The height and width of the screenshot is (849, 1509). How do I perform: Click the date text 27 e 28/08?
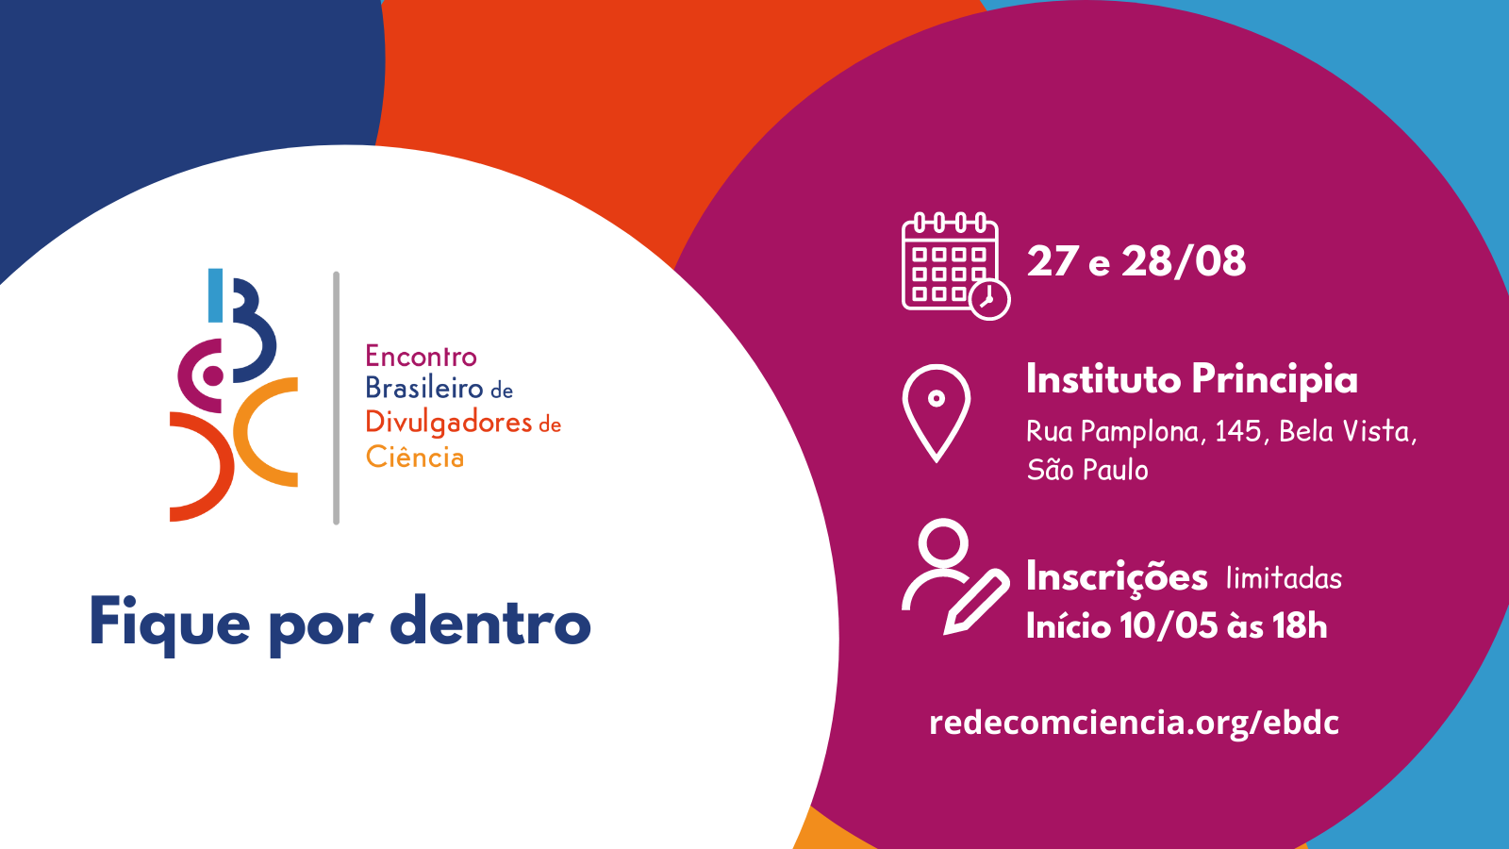pyautogui.click(x=1136, y=261)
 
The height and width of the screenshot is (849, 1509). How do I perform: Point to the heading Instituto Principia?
pyautogui.click(x=1192, y=378)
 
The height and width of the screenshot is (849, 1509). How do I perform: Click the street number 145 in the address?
pyautogui.click(x=1238, y=431)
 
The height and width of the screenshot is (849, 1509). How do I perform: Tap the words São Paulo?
pyautogui.click(x=1087, y=469)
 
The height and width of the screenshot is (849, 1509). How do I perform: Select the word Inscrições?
pyautogui.click(x=1117, y=577)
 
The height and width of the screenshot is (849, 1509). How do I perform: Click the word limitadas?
pyautogui.click(x=1284, y=578)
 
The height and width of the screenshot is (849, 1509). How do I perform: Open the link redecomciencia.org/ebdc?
pyautogui.click(x=1134, y=723)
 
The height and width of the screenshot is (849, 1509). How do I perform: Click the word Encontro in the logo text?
pyautogui.click(x=421, y=357)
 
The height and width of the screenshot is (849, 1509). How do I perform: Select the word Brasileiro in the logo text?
pyautogui.click(x=424, y=388)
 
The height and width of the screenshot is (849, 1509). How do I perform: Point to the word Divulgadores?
pyautogui.click(x=449, y=424)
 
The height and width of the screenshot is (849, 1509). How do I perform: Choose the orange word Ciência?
pyautogui.click(x=415, y=457)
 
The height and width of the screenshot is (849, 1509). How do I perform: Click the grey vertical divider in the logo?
pyautogui.click(x=336, y=397)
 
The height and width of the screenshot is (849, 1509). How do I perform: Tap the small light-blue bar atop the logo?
pyautogui.click(x=216, y=295)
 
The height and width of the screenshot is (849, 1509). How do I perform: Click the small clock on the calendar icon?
pyautogui.click(x=989, y=299)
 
